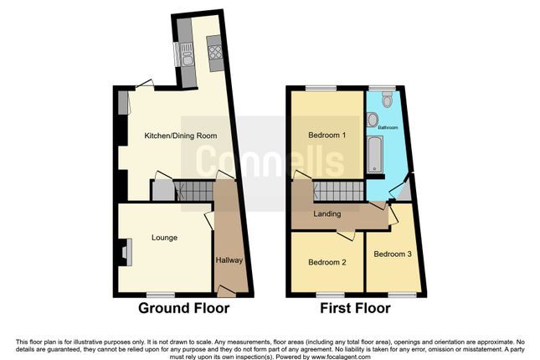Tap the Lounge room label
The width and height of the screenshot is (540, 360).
tap(163, 238)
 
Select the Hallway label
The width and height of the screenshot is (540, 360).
tap(229, 260)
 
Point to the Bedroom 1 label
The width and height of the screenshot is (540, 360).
tap(327, 136)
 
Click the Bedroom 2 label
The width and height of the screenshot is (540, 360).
tap(327, 262)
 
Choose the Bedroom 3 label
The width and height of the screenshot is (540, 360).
tap(393, 254)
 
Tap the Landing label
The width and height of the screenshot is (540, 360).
tap(327, 214)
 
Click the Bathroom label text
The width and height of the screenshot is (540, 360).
tap(387, 128)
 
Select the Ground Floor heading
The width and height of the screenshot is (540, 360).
tap(183, 308)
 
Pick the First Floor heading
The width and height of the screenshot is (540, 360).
tap(355, 308)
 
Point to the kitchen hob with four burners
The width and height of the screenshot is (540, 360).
tap(215, 56)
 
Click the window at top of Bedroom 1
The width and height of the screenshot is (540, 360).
tap(318, 88)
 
